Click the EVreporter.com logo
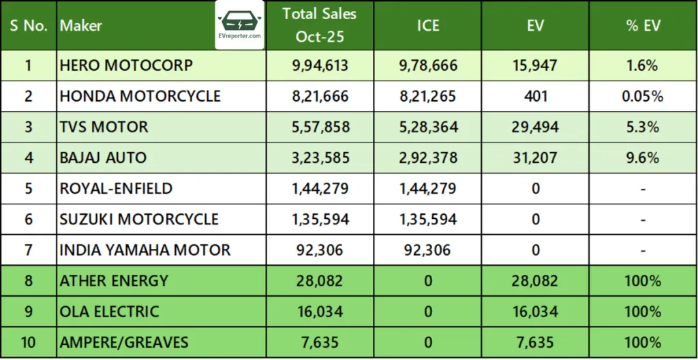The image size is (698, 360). [x=241, y=25]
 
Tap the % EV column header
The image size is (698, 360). [x=643, y=26]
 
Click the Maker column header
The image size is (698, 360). [x=81, y=26]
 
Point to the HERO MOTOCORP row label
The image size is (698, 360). [x=126, y=65]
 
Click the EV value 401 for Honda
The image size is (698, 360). [x=536, y=96]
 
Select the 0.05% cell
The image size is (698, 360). [x=643, y=96]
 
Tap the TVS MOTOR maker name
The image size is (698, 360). [x=104, y=127]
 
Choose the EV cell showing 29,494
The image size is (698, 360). [x=536, y=127]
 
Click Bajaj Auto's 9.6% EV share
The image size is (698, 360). [x=643, y=157]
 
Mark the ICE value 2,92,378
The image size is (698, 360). [x=428, y=157]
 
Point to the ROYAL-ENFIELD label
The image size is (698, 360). [x=116, y=188]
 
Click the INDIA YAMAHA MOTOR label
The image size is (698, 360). [x=145, y=250]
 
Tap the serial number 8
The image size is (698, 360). [x=28, y=280]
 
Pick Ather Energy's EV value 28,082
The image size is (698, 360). [x=536, y=280]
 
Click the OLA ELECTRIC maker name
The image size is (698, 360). [x=110, y=311]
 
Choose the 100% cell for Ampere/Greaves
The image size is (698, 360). [x=643, y=342]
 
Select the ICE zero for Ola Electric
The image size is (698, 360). [x=428, y=311]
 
